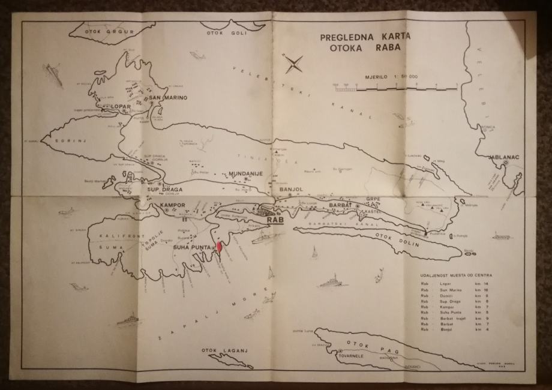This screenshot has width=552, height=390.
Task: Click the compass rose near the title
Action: click(294, 64)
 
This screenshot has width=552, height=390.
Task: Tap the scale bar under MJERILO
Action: click(396, 88)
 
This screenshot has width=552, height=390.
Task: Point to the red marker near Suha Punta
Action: click(219, 248)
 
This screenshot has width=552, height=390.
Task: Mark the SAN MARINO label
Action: click(168, 97)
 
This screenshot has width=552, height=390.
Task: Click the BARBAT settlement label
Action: click(341, 205)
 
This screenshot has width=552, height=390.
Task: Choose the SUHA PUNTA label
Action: click(190, 247)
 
